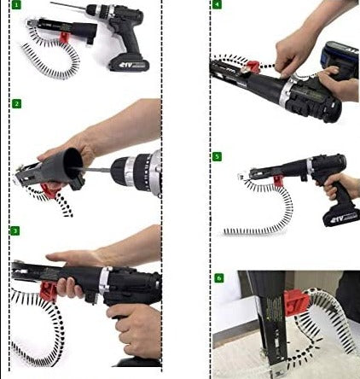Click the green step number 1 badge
tap(15, 5)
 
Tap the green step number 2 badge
tap(15, 103)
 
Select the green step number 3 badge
tap(15, 230)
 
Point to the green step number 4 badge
tap(217, 5)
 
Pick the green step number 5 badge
tap(217, 156)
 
